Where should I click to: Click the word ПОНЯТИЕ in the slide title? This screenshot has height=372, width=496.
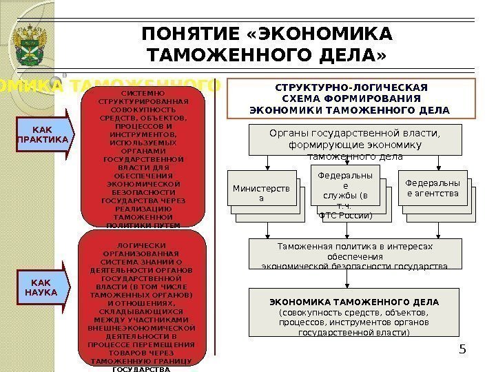(x=185, y=34)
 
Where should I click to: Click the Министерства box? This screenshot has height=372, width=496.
(x=260, y=193)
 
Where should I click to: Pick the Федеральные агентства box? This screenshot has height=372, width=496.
(x=432, y=189)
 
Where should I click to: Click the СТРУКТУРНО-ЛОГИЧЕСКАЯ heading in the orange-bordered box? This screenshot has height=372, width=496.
(x=351, y=88)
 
